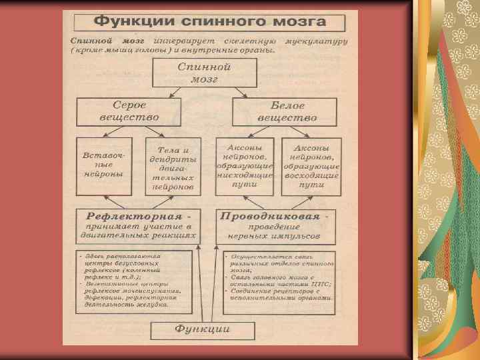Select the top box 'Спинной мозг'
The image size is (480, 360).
click(x=204, y=73)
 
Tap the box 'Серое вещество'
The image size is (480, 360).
click(x=129, y=112)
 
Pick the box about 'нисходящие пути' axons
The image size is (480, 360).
click(x=245, y=165)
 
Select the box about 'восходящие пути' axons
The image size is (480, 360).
click(x=311, y=165)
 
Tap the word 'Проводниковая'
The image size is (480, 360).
click(x=271, y=216)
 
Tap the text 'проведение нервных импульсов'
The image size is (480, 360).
click(x=275, y=231)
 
